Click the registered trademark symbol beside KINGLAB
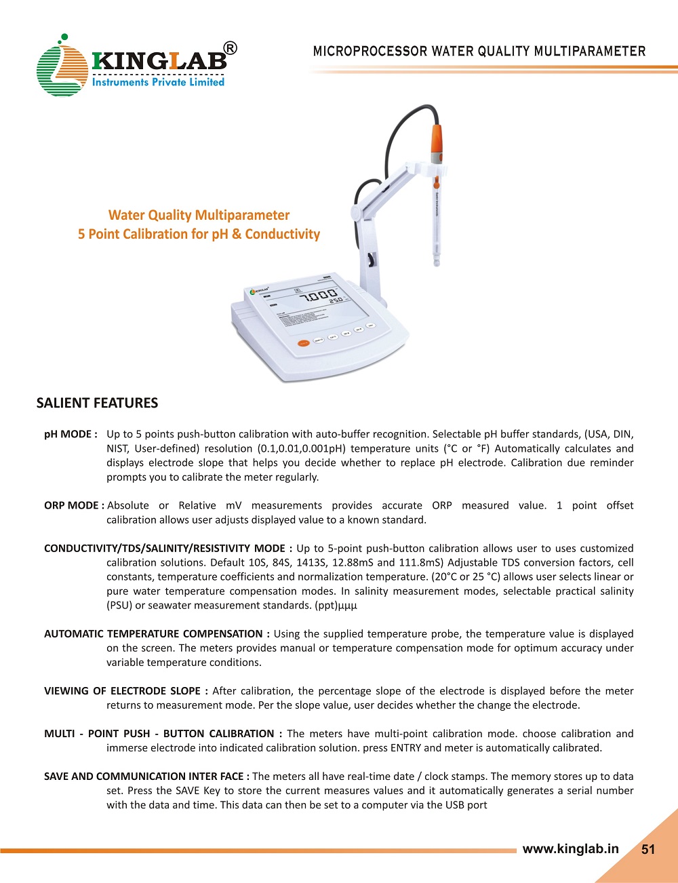[x=231, y=48]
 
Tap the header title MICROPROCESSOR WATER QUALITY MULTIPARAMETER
[x=479, y=52]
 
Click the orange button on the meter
[x=304, y=343]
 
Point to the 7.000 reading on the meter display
[x=319, y=296]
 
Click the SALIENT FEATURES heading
[x=97, y=403]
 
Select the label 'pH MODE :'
[x=71, y=434]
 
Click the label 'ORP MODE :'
[x=73, y=505]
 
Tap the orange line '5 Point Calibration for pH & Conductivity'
[x=199, y=234]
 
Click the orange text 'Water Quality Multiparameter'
[x=199, y=215]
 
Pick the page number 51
[x=648, y=850]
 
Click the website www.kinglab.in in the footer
[x=570, y=849]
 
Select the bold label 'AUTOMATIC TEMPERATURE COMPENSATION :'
[x=157, y=633]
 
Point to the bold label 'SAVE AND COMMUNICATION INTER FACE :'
[x=146, y=776]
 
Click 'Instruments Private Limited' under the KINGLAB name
[x=157, y=82]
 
